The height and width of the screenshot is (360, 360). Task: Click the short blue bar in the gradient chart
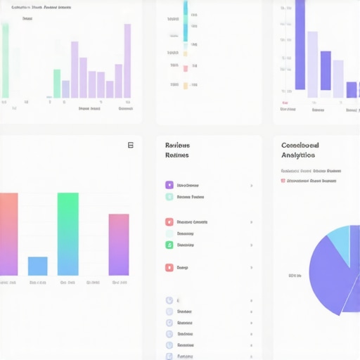(37, 266)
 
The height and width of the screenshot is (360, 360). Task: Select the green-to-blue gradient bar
(67, 233)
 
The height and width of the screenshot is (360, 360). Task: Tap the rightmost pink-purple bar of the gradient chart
(119, 244)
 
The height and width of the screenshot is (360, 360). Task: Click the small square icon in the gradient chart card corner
(130, 145)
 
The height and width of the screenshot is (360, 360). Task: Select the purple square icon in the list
(169, 185)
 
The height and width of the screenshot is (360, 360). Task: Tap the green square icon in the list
(169, 245)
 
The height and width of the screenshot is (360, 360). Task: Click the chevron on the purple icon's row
(252, 186)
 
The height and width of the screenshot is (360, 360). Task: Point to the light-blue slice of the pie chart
(341, 244)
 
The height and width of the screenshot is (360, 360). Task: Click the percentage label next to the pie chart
(295, 276)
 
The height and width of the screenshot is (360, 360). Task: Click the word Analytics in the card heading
(298, 155)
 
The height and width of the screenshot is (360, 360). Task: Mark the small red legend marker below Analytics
(283, 181)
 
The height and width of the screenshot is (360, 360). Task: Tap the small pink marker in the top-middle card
(186, 68)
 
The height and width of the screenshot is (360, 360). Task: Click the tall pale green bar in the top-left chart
(6, 60)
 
